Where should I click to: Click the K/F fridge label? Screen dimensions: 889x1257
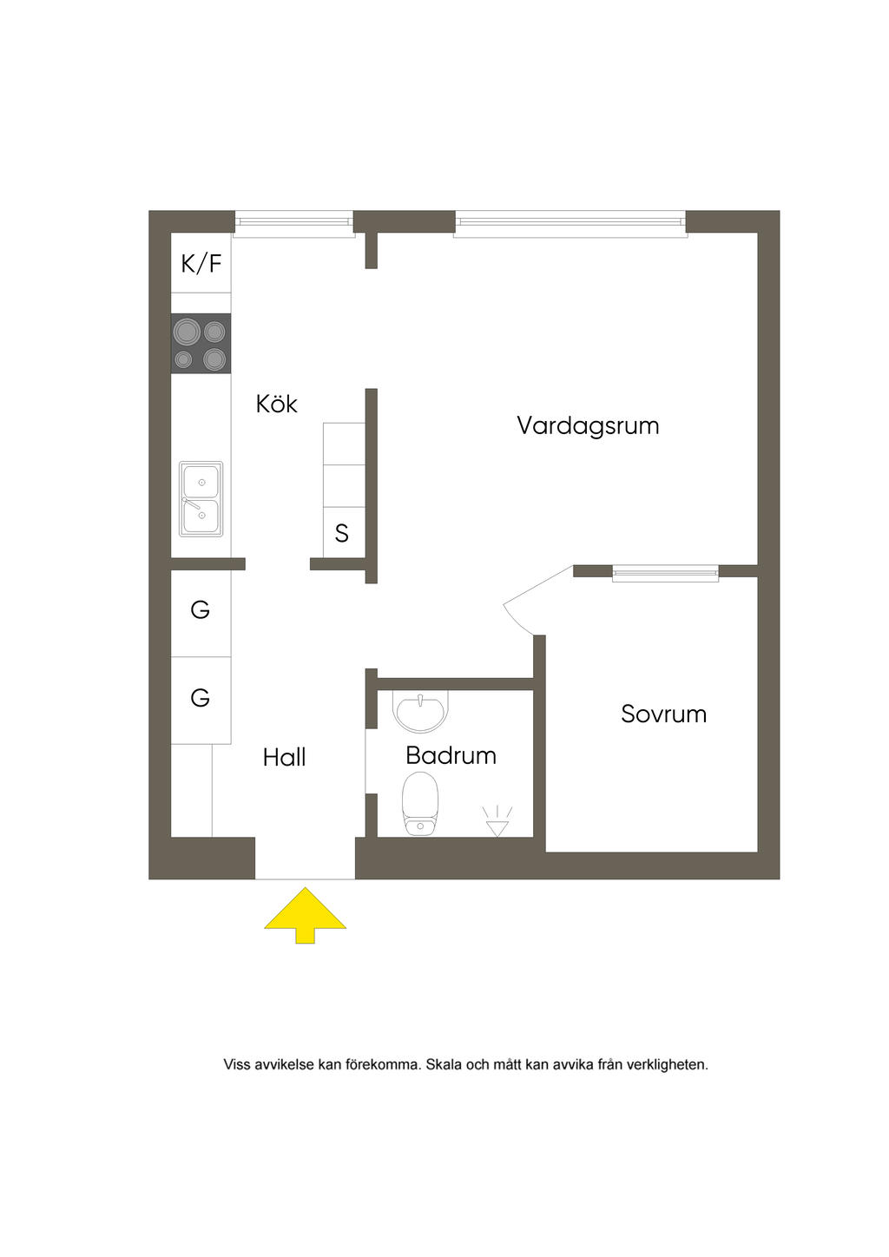(x=201, y=263)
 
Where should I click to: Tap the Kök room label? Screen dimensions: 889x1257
(x=276, y=404)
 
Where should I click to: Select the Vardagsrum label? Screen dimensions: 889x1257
(x=588, y=426)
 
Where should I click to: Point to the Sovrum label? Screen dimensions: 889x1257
(x=663, y=714)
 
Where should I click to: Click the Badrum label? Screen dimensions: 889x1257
(x=451, y=756)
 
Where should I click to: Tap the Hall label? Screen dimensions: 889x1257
(x=284, y=758)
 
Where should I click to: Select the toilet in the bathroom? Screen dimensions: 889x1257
(x=420, y=804)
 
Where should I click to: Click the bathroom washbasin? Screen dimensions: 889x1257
(x=420, y=712)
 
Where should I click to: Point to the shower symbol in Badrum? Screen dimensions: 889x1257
(x=497, y=821)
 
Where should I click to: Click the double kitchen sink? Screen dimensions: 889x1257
(x=201, y=499)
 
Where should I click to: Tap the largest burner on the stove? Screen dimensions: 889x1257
(x=187, y=332)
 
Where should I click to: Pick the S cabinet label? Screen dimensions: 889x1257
(x=341, y=533)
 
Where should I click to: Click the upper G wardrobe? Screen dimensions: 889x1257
(x=201, y=614)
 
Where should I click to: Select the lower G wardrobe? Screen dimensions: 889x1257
(x=201, y=701)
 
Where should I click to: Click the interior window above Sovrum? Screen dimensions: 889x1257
(x=665, y=572)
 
